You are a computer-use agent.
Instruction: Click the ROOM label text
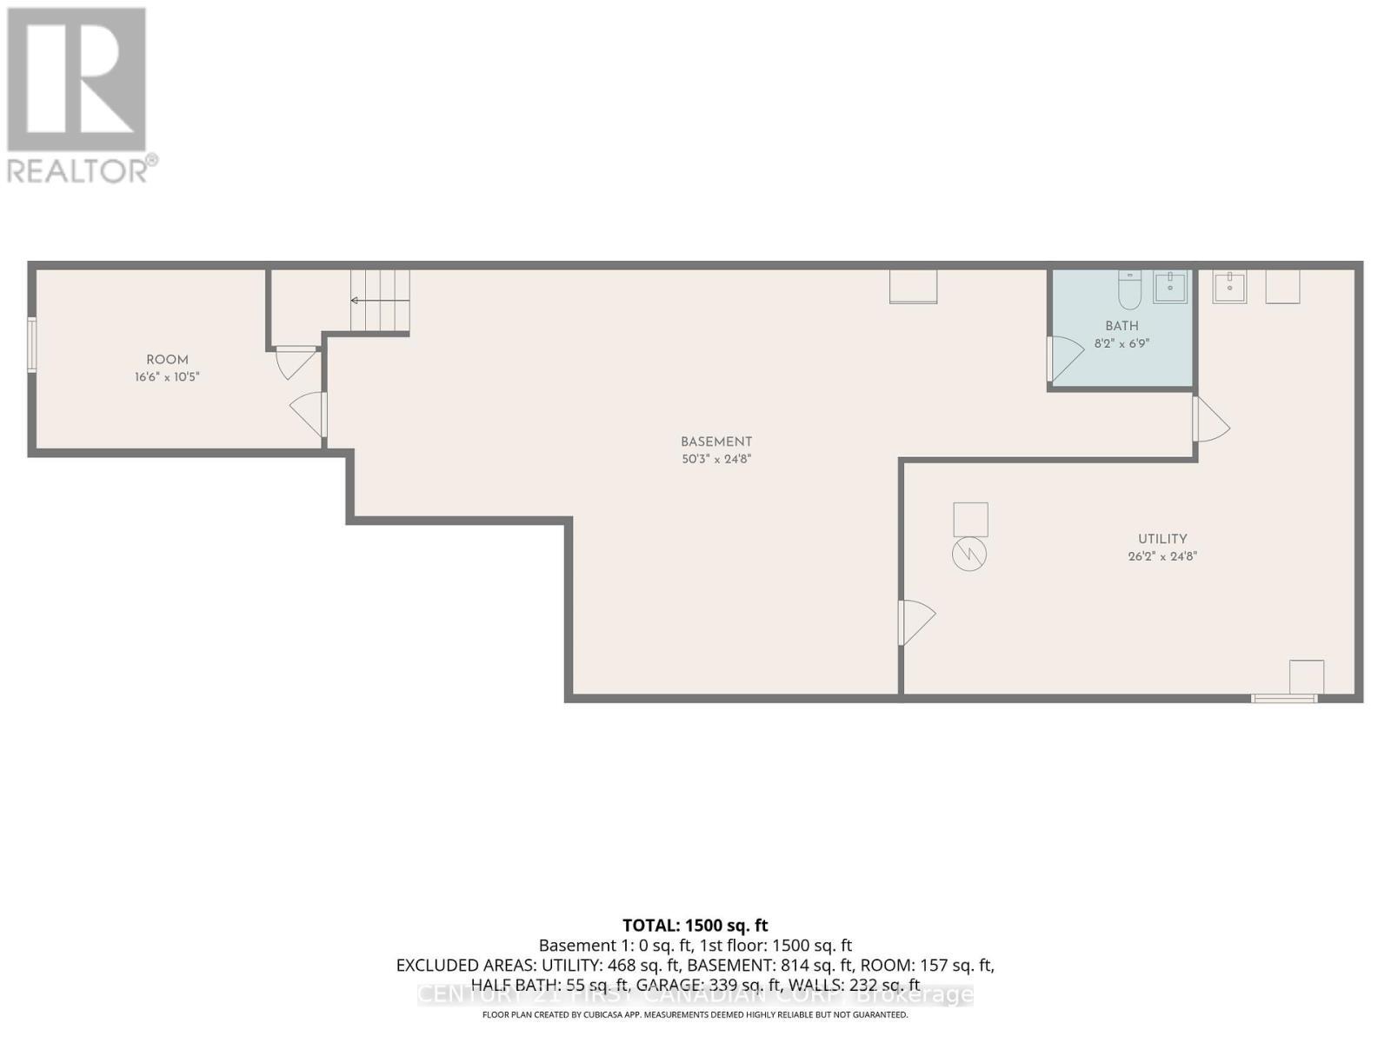point(167,360)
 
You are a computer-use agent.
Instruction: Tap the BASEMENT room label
point(715,442)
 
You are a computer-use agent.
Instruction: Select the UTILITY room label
point(1162,539)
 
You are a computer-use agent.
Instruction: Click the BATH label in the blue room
point(1121,326)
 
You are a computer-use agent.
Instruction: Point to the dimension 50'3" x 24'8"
point(715,459)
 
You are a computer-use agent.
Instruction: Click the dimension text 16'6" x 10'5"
point(167,377)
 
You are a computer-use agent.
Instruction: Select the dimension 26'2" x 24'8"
point(1162,556)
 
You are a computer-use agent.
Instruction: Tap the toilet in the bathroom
point(1128,290)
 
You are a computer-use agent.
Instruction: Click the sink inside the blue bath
point(1170,286)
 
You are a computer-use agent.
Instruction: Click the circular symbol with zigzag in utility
point(969,554)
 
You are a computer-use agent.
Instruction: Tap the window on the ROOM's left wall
point(32,345)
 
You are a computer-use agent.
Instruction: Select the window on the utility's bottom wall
point(1284,697)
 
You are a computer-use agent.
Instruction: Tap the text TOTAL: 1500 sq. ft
point(695,926)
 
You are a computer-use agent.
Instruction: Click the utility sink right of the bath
point(1229,286)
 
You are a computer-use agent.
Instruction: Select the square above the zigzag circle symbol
point(970,519)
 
